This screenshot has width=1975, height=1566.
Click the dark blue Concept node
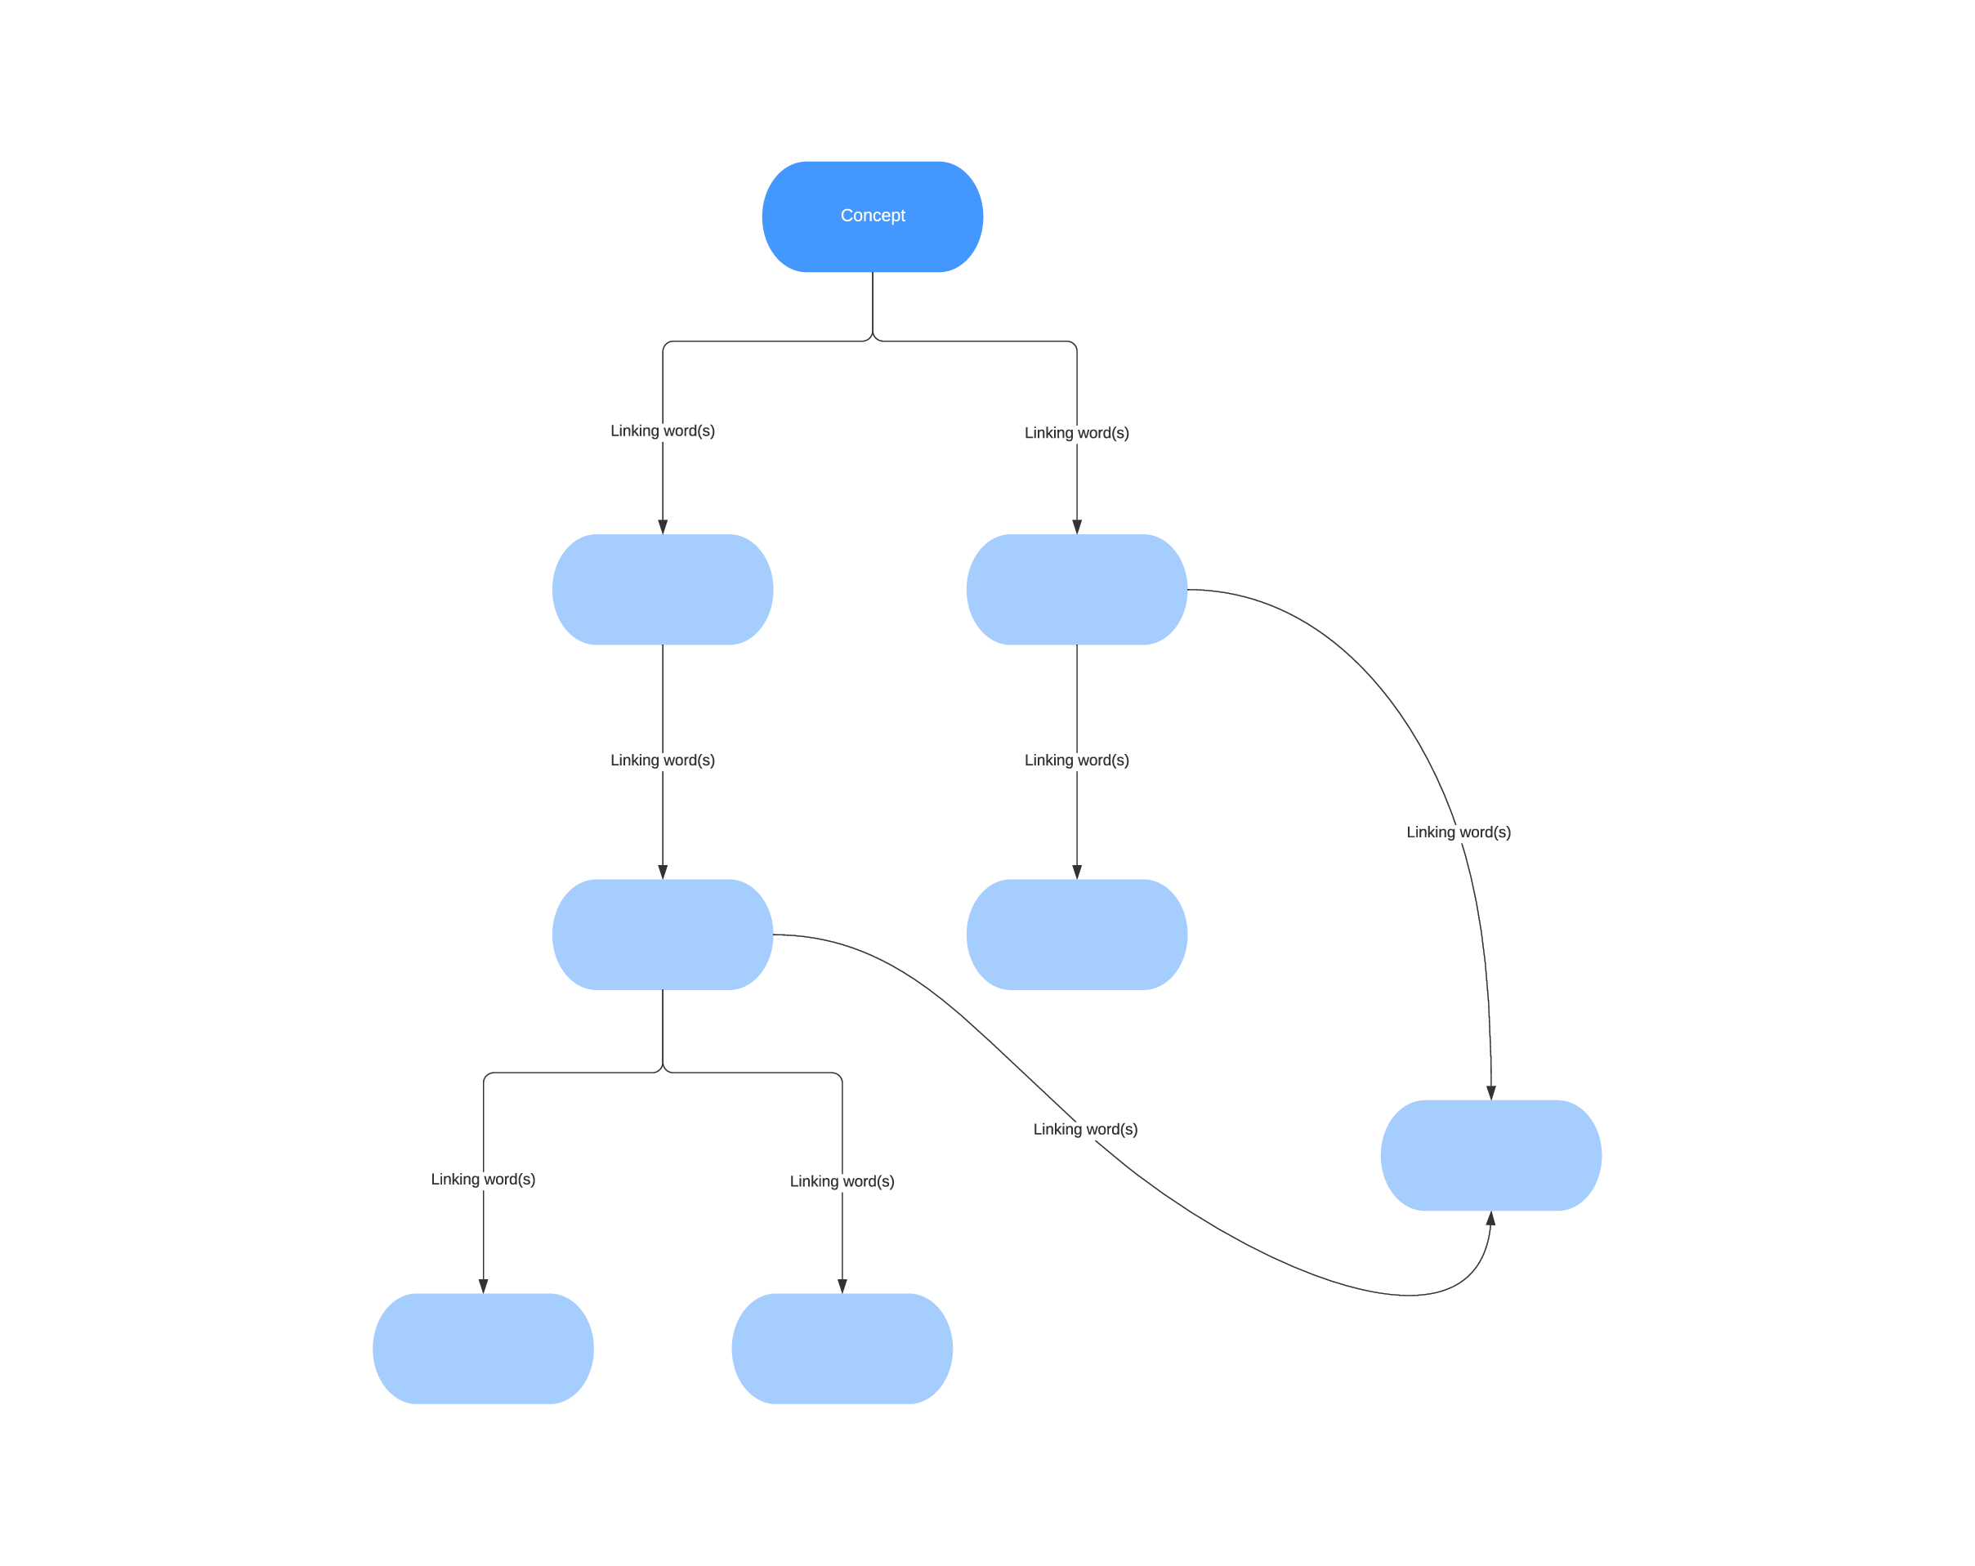point(872,216)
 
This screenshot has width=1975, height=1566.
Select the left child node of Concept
point(663,589)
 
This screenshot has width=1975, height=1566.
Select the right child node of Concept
point(1076,589)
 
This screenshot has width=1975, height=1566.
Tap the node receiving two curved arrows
point(1490,1155)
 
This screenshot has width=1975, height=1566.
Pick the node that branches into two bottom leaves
point(663,934)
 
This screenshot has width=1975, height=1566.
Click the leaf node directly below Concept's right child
point(1076,934)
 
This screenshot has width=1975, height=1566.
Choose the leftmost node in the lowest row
point(483,1348)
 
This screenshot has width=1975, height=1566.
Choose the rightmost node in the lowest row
point(842,1348)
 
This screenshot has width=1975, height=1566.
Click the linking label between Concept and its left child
point(663,431)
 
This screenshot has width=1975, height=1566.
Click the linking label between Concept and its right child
point(1076,432)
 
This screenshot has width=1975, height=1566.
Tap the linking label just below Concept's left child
point(663,760)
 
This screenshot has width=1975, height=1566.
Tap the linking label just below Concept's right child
point(1076,760)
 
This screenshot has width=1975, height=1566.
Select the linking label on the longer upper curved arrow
point(1459,832)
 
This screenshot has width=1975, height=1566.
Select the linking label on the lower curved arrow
point(1085,1129)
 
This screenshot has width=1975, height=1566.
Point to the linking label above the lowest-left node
point(483,1179)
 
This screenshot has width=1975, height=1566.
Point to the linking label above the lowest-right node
point(842,1181)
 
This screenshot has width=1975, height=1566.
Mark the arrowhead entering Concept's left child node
point(663,527)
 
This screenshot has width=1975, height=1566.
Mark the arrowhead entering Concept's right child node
point(1076,527)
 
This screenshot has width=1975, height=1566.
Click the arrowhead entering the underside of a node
point(1490,1219)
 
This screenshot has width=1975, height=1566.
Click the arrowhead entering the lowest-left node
point(483,1286)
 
